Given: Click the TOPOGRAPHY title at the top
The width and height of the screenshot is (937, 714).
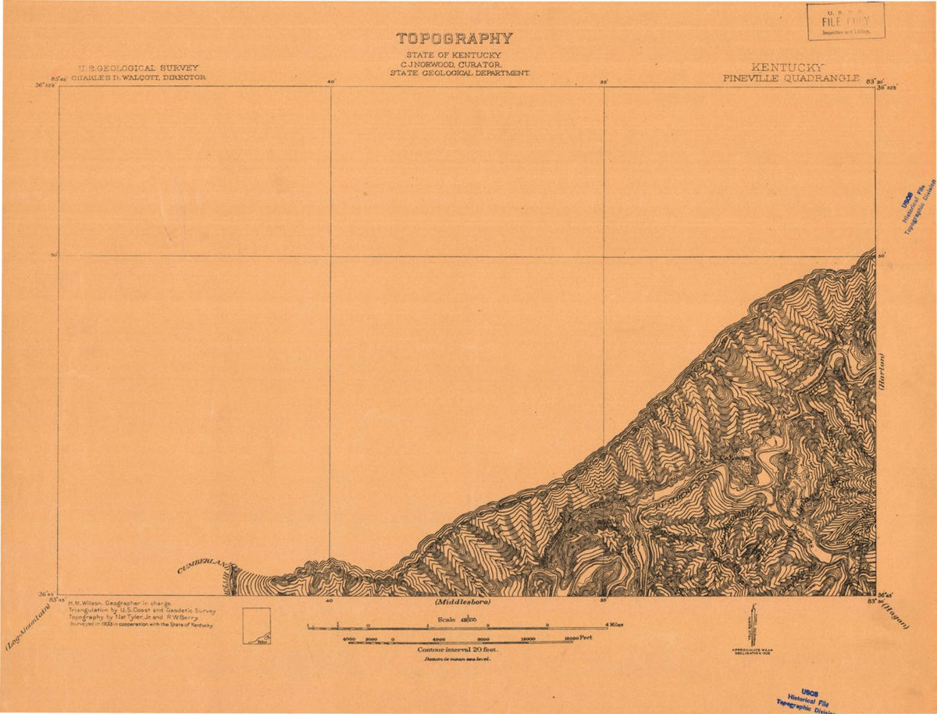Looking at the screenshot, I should pos(454,38).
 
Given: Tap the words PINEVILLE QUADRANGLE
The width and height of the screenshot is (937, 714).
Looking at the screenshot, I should pos(791,78).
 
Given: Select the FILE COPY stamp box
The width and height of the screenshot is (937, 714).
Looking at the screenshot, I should pos(846,21).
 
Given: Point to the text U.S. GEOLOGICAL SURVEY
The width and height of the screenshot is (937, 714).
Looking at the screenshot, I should pos(138,68).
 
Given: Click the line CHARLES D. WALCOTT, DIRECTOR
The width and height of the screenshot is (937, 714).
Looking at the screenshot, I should pos(138,78).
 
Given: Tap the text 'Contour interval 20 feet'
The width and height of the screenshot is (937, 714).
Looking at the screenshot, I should pos(458,649).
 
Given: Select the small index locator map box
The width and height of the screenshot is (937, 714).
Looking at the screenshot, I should pos(256,627).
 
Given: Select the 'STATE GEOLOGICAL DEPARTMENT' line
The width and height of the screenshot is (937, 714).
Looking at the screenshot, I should pos(460,72).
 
